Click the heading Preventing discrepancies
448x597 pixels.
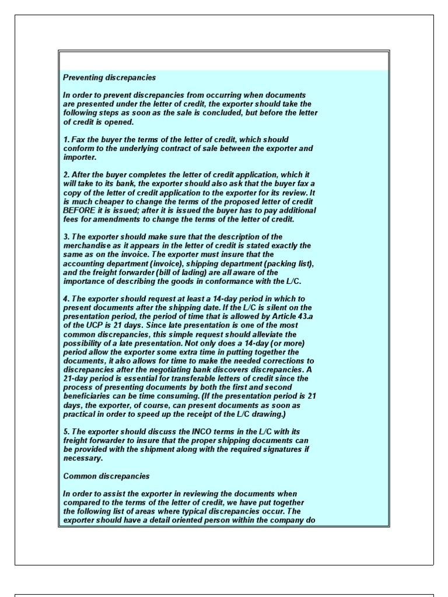click(x=109, y=78)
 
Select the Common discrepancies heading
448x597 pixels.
click(x=106, y=476)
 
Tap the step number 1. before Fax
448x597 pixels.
click(x=66, y=139)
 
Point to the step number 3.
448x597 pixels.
click(x=66, y=237)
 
